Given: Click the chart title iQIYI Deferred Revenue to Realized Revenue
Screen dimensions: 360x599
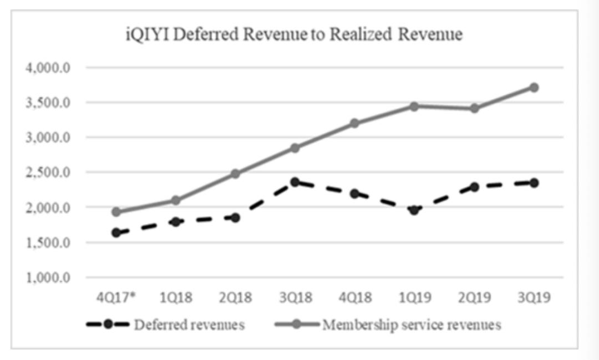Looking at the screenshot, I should [x=294, y=35].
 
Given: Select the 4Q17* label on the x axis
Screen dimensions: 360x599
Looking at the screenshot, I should [x=116, y=298].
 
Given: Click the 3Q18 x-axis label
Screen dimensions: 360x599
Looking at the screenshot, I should [x=296, y=298].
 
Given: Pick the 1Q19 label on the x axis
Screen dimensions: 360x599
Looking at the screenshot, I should [x=415, y=298].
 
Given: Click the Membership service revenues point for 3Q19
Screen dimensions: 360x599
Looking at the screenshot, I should [x=534, y=88].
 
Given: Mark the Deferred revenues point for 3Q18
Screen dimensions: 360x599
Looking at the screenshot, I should [x=295, y=182].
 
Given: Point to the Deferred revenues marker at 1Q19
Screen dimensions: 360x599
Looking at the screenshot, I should [x=414, y=210].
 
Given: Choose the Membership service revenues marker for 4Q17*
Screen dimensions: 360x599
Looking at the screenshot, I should [x=116, y=212].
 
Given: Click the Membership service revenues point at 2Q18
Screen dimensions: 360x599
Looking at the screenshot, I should [x=236, y=174].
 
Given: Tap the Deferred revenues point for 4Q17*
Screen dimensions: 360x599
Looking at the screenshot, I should [x=116, y=232].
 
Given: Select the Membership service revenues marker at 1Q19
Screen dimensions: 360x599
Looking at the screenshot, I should [x=414, y=106].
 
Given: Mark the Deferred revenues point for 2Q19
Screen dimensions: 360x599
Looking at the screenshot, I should [x=474, y=187].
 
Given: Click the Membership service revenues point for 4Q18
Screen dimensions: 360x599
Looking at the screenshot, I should [x=355, y=123].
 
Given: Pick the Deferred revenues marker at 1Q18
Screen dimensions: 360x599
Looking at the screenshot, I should [x=176, y=222].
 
